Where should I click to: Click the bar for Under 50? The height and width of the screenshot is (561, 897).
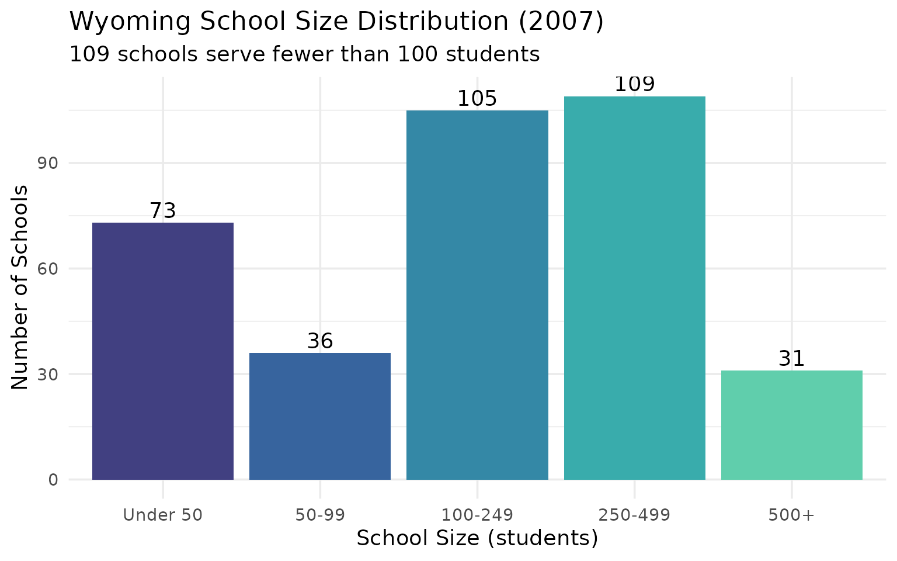point(163,351)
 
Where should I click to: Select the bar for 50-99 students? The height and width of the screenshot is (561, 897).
point(320,416)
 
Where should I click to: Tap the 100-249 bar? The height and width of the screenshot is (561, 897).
point(477,295)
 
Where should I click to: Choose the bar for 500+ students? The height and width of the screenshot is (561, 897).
point(792,425)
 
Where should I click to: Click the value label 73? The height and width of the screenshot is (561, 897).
point(163,211)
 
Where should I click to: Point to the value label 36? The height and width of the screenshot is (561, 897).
point(320,341)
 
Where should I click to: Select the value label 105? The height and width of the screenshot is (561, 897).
point(477,99)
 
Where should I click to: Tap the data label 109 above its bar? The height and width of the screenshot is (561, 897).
point(635,85)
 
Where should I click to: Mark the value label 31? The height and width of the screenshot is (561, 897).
point(792,359)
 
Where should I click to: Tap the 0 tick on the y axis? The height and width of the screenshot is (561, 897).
point(53,480)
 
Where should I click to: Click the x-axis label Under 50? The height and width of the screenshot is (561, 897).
point(163,515)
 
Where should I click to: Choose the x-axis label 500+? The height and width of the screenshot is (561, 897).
point(792,515)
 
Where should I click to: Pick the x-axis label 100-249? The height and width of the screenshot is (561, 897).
point(477,515)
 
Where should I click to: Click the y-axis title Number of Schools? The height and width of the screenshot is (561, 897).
point(20,287)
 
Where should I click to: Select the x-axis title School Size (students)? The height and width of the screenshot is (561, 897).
point(477,538)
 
